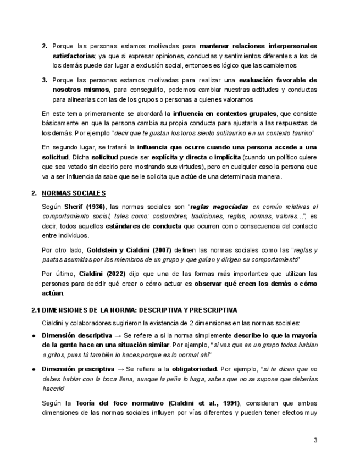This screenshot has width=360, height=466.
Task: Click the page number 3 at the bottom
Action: coord(315,440)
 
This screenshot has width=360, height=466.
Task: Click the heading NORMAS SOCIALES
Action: coord(74,193)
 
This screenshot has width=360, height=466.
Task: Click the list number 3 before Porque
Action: coord(45,80)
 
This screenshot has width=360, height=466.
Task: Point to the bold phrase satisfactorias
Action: coord(73,56)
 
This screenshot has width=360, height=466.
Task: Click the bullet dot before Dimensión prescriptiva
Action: coord(34,369)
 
